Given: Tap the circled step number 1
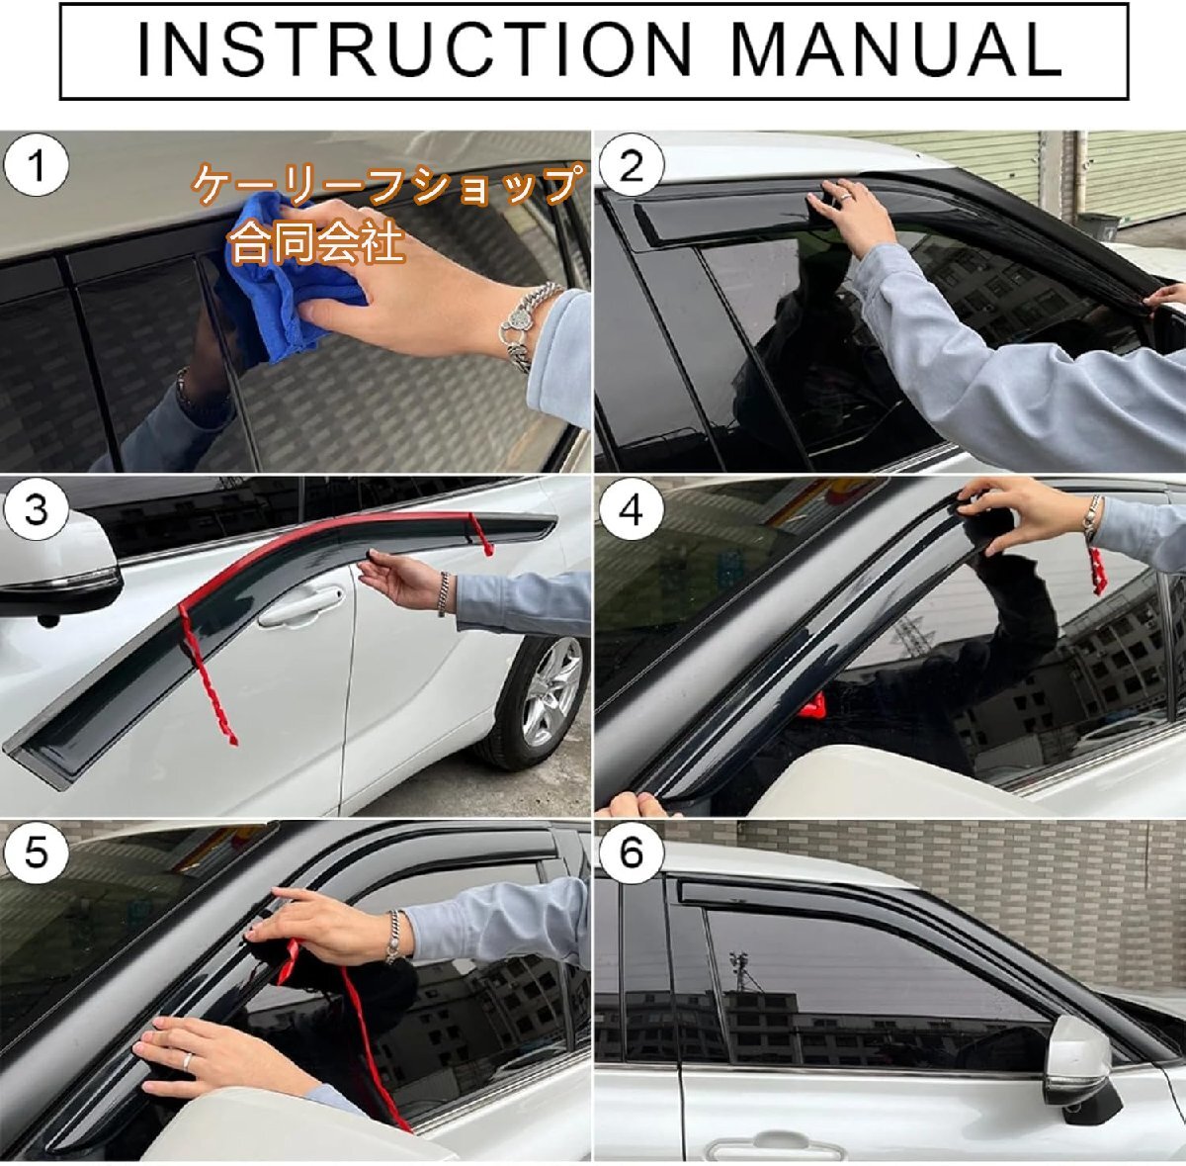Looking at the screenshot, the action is (35, 166).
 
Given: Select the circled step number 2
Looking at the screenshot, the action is (631, 166).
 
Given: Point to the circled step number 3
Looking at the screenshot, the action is (35, 510).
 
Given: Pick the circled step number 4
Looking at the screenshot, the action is (631, 510).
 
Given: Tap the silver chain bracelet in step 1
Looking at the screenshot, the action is (523, 326).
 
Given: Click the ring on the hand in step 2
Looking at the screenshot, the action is (847, 197).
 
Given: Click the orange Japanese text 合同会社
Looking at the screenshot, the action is (317, 242).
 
